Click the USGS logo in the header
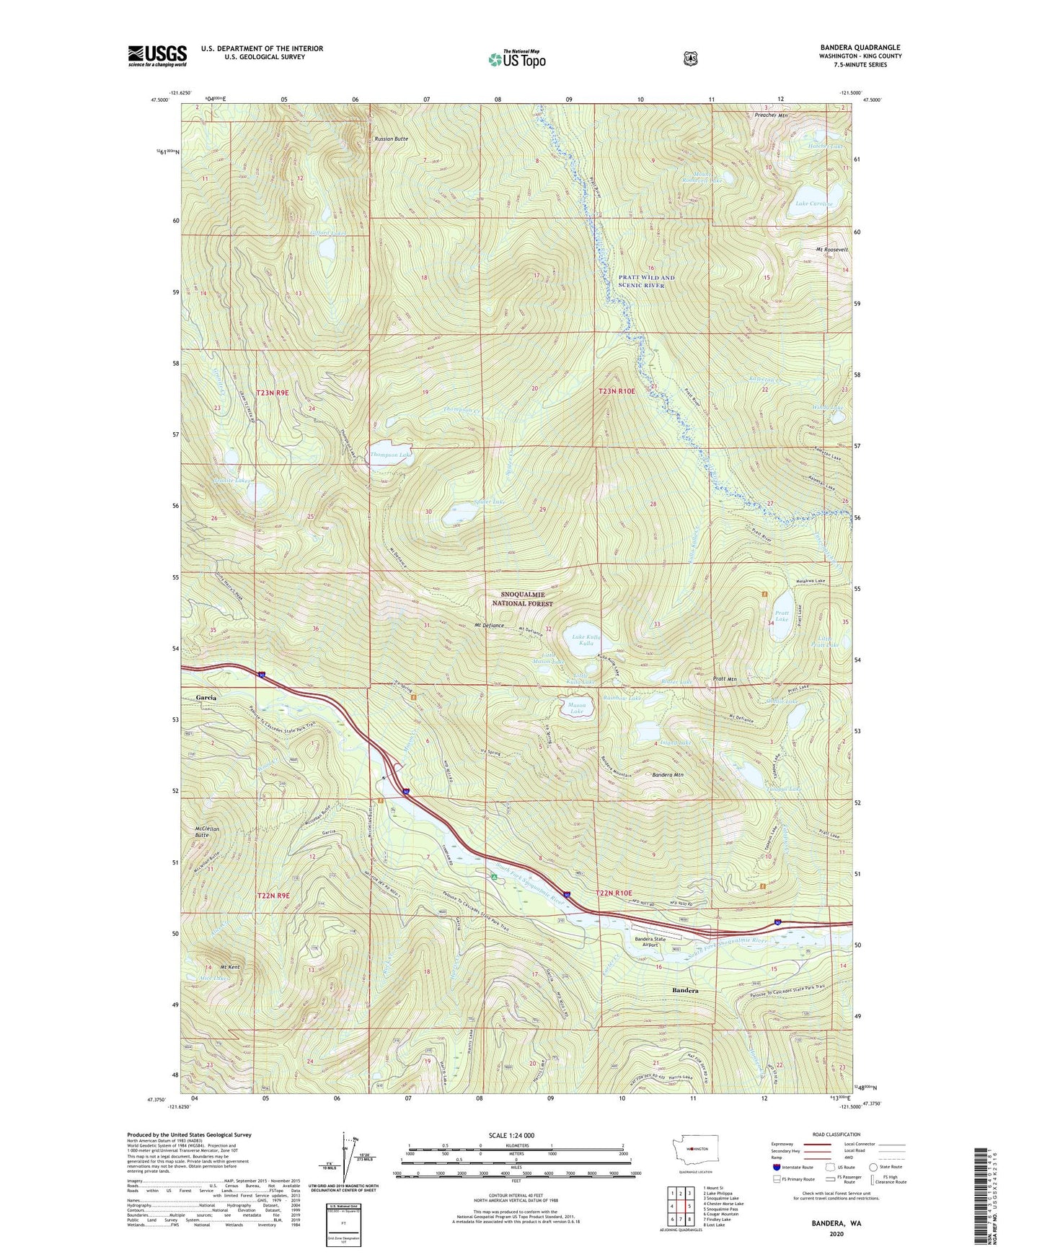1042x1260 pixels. pyautogui.click(x=157, y=55)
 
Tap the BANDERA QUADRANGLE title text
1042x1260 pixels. pyautogui.click(x=860, y=48)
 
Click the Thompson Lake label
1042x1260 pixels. pyautogui.click(x=390, y=455)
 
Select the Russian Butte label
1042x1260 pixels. pyautogui.click(x=392, y=139)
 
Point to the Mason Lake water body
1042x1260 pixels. pyautogui.click(x=578, y=707)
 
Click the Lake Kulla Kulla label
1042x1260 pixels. pyautogui.click(x=587, y=639)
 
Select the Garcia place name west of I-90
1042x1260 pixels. pyautogui.click(x=206, y=698)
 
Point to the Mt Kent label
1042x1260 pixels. pyautogui.click(x=230, y=967)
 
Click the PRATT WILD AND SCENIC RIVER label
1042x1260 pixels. pyautogui.click(x=646, y=281)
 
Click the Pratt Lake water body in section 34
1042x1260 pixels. pyautogui.click(x=782, y=618)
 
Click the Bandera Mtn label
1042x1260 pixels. pyautogui.click(x=668, y=775)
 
